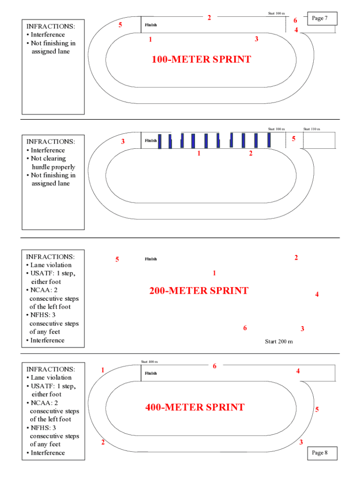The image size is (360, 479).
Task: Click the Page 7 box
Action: point(320,18)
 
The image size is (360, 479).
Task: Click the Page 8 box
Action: point(320,453)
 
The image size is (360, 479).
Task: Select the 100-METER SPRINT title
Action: point(201,59)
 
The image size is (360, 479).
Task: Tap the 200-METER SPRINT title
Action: point(199,290)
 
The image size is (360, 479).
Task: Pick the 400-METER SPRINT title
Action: point(194,407)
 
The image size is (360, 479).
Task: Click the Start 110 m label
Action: point(311,129)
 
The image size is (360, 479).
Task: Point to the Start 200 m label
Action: point(279,341)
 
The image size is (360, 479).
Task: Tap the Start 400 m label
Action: point(149,362)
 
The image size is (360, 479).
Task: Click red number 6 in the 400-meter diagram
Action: point(215,366)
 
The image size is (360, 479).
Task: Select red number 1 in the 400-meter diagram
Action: point(102,370)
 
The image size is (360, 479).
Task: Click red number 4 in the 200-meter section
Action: point(317,294)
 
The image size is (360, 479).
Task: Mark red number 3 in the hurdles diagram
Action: point(123,141)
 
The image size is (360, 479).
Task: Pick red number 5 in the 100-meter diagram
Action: point(120,24)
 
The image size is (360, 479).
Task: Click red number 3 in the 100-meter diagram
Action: point(256,39)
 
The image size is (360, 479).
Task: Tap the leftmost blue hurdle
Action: point(159,141)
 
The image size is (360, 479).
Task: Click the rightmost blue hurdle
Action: point(269,140)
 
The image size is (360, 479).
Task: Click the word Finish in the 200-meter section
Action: point(151,259)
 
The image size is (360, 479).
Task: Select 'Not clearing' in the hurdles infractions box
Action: point(48,159)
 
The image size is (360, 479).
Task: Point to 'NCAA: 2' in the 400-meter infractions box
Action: point(44,403)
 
